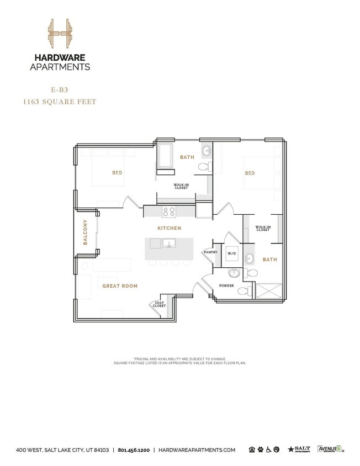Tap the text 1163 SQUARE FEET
(x=60, y=102)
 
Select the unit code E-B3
(x=60, y=88)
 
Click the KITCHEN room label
(x=170, y=228)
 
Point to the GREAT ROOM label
(x=120, y=286)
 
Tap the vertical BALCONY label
(x=86, y=232)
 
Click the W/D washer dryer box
(x=231, y=254)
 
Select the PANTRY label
(x=210, y=252)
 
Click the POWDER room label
(x=226, y=285)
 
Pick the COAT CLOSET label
(x=159, y=304)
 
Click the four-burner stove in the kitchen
(x=168, y=211)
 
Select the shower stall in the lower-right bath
(x=268, y=290)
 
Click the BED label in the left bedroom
(x=117, y=173)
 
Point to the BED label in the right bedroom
(x=250, y=173)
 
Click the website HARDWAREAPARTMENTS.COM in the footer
(x=197, y=450)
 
